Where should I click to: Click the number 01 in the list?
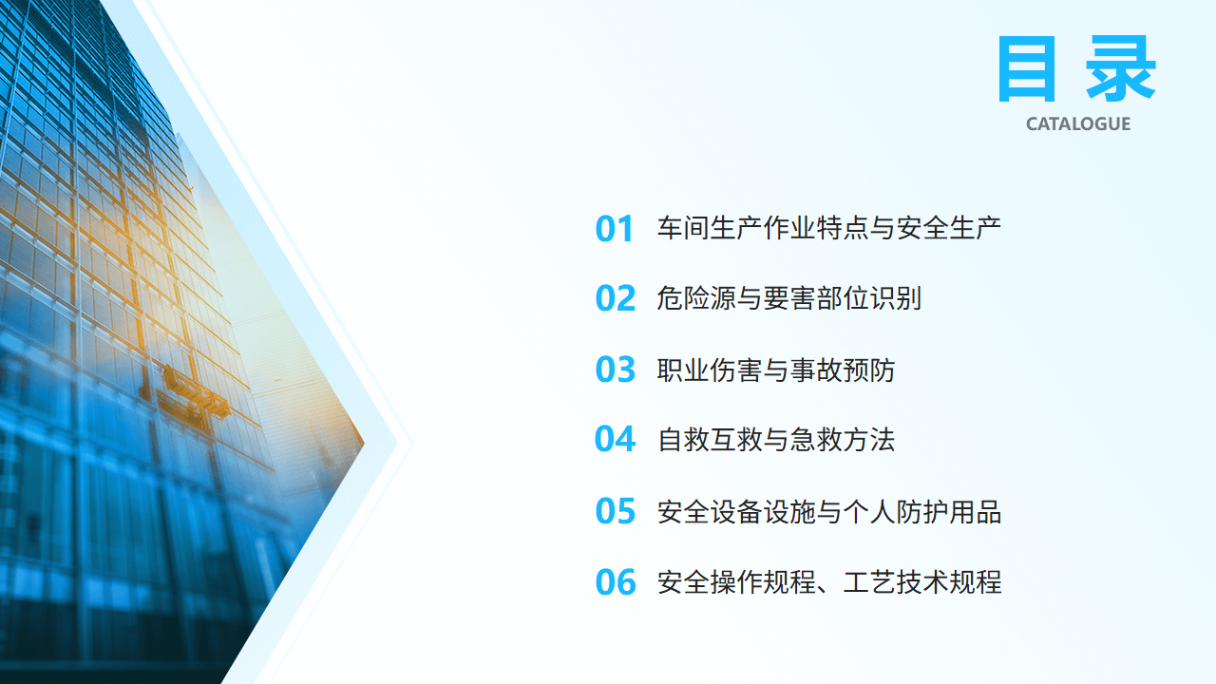(x=614, y=229)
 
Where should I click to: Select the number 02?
(x=615, y=298)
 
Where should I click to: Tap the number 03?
(x=615, y=370)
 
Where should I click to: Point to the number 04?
(x=615, y=439)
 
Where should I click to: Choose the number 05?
(x=615, y=511)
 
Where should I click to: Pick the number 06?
(x=615, y=582)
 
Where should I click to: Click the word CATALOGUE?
(x=1078, y=124)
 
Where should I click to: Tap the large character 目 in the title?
(x=1027, y=69)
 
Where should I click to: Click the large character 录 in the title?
(x=1120, y=69)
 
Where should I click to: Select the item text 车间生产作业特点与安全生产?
(x=829, y=228)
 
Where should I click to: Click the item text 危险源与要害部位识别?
(x=789, y=298)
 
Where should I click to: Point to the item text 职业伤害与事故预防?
(x=776, y=370)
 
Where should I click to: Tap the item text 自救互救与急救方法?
(x=776, y=439)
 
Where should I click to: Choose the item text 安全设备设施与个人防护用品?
(x=829, y=511)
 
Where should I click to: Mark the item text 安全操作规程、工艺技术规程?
(x=829, y=582)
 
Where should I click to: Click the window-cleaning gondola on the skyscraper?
(x=195, y=393)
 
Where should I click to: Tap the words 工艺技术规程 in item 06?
(x=922, y=582)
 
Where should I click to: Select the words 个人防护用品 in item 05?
(x=922, y=511)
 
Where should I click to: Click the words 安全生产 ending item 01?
(x=949, y=228)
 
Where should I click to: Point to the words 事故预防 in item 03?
(x=843, y=370)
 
